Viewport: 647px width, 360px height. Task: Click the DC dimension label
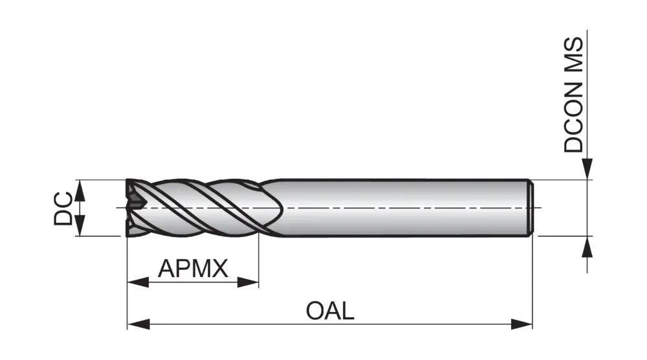click(63, 208)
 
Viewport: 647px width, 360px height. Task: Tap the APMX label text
click(193, 268)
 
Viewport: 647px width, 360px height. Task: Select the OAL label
click(330, 311)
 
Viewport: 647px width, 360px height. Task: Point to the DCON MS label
click(574, 95)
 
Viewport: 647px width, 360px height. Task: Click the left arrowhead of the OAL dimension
click(138, 324)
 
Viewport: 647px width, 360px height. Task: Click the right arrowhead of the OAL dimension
click(521, 324)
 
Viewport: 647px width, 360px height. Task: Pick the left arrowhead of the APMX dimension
click(138, 282)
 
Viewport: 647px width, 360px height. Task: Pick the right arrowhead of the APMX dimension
click(248, 282)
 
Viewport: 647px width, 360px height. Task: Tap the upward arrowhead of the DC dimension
click(80, 190)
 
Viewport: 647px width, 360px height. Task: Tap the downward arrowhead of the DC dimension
click(80, 225)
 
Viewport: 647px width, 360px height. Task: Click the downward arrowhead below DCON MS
click(587, 169)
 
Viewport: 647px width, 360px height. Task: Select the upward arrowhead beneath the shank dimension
click(587, 247)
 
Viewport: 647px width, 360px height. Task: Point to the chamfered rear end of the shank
click(531, 208)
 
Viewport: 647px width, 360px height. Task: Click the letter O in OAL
click(314, 311)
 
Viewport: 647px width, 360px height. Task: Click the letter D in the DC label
click(63, 217)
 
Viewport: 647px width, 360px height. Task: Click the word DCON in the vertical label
click(574, 117)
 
